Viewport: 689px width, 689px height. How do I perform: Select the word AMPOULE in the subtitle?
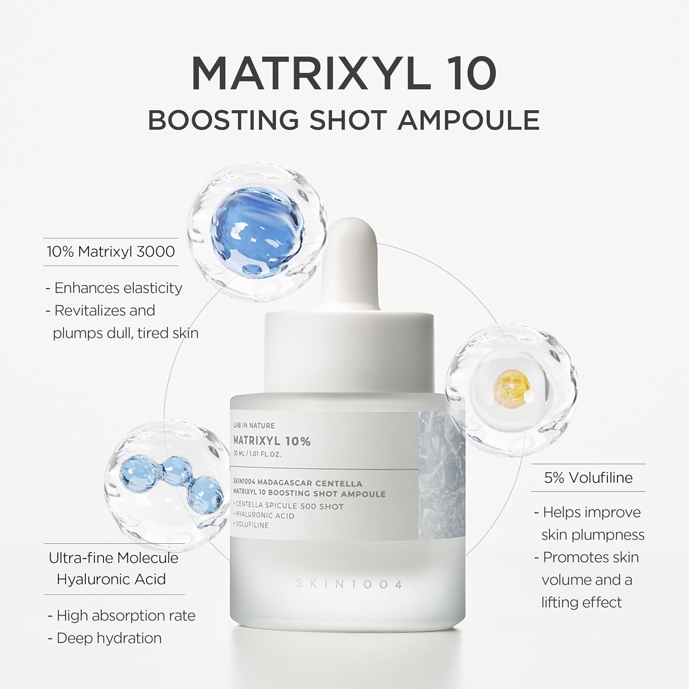pos(469,120)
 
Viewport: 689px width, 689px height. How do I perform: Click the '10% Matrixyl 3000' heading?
pos(111,252)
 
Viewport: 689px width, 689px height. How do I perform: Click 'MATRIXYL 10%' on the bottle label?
pos(272,441)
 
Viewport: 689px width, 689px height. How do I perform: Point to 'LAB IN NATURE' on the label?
pos(254,425)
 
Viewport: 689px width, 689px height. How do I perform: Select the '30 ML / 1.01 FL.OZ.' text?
pos(257,454)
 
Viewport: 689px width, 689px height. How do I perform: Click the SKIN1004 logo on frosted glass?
pos(349,584)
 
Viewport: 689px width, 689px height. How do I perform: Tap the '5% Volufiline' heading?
pos(588,478)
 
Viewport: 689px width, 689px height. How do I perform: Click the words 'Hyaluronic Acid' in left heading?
pos(111,579)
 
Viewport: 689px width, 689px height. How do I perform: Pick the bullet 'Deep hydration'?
pos(109,638)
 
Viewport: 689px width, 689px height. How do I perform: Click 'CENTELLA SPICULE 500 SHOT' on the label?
pos(289,506)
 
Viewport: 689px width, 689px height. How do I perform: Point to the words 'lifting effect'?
pos(582,602)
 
